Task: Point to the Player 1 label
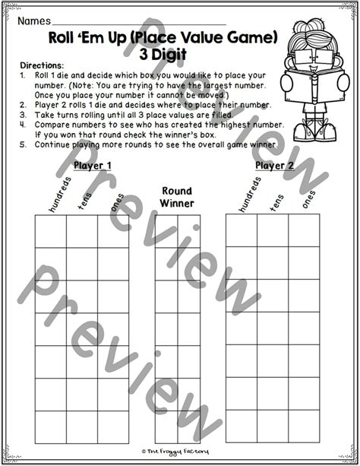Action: (x=93, y=165)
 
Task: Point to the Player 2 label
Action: (x=275, y=165)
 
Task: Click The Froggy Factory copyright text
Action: (x=178, y=458)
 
